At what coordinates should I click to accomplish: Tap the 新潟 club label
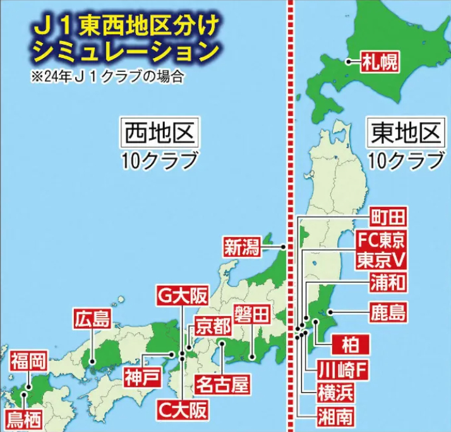pos(242,247)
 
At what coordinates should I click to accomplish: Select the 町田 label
pos(387,218)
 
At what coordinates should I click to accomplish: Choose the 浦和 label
pos(388,282)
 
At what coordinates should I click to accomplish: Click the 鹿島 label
pos(387,312)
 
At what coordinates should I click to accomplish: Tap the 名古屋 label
pos(222,384)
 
